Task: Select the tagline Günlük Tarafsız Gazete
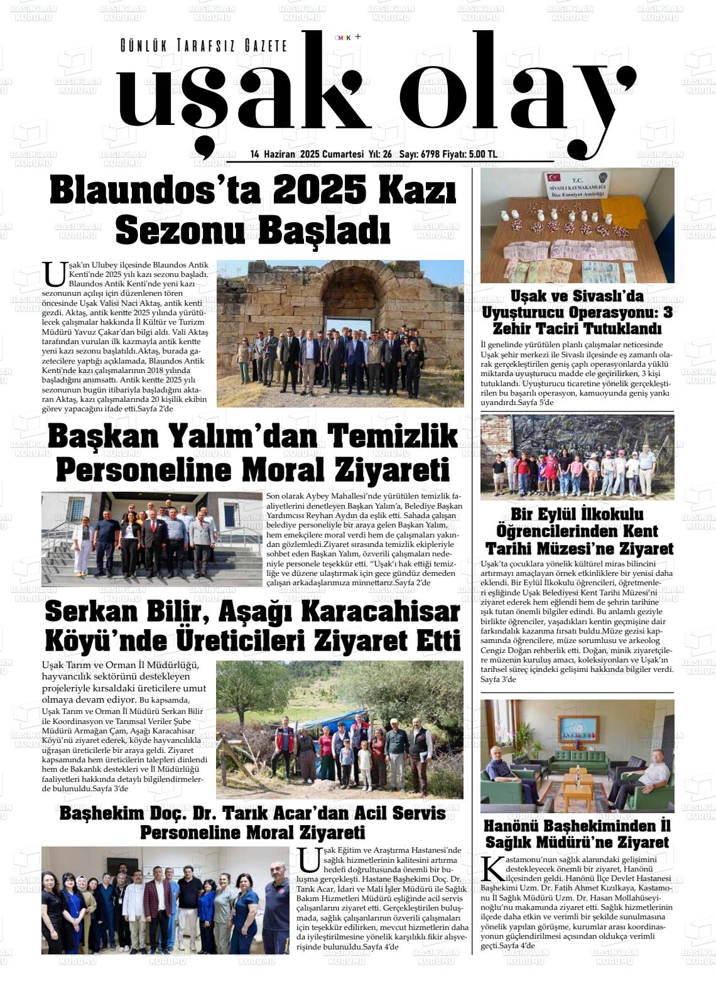coord(203,46)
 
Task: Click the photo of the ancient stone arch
coord(340,333)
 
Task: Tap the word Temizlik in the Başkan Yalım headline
coord(393,437)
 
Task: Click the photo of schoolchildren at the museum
coord(577,457)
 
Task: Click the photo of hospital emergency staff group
coord(165,900)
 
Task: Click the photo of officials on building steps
coord(151,539)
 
